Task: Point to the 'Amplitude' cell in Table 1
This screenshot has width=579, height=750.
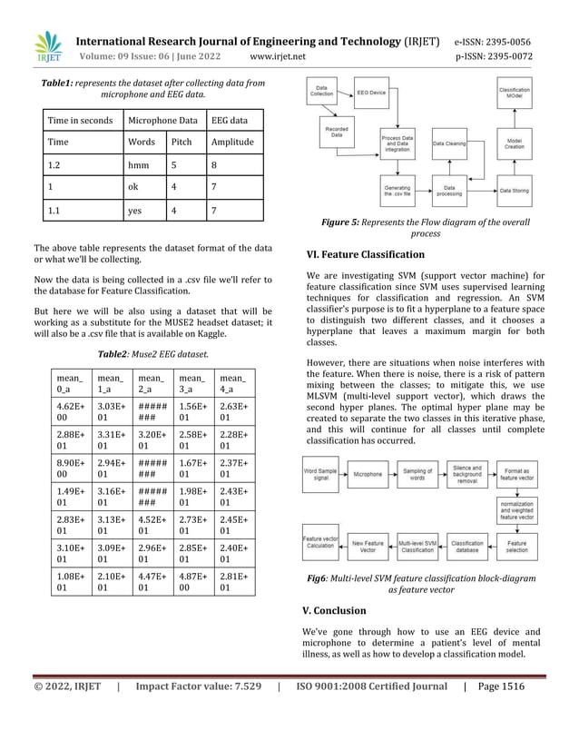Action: (x=232, y=143)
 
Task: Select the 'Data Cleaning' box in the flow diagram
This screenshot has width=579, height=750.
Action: (x=448, y=143)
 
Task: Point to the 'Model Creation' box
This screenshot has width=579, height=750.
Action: (x=514, y=143)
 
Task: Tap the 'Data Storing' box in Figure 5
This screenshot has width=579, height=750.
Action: (x=514, y=191)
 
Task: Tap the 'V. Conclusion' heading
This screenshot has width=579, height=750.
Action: (x=339, y=610)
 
